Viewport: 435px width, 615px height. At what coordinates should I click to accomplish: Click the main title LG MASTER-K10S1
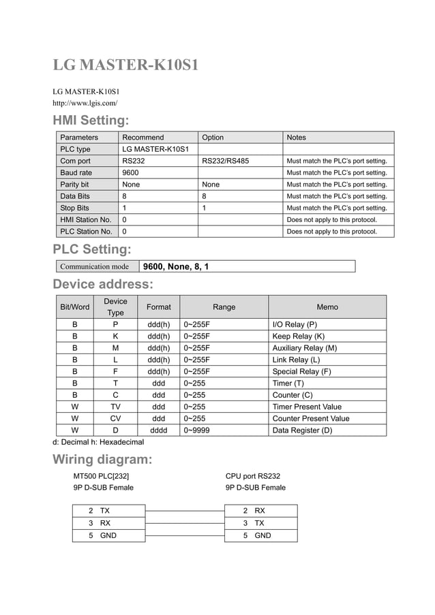tap(126, 65)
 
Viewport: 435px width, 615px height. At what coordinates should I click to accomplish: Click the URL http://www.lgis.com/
tap(85, 103)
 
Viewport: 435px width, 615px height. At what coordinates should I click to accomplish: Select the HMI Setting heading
tap(91, 121)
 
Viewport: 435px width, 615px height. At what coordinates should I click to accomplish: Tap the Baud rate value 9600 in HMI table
tap(131, 172)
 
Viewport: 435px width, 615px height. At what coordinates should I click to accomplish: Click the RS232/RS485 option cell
tap(225, 161)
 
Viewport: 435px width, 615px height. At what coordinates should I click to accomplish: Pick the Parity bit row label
tap(74, 184)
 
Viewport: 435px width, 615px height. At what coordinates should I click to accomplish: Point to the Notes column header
tap(297, 137)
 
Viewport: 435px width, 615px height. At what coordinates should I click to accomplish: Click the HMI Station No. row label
tap(85, 219)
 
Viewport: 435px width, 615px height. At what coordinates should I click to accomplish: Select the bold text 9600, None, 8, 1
tap(176, 266)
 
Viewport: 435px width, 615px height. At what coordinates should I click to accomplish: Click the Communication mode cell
tap(94, 266)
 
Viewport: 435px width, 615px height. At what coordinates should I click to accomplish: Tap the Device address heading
tap(103, 284)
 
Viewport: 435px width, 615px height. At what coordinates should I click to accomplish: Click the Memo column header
tap(327, 307)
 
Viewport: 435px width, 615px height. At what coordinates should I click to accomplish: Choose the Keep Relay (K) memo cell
tap(298, 336)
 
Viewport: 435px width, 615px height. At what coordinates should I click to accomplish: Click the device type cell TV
tap(115, 407)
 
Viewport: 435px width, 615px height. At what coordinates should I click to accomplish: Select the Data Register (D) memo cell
tap(302, 430)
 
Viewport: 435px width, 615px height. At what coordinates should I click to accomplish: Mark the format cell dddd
tap(158, 430)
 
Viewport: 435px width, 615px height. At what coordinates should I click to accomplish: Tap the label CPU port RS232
tap(252, 476)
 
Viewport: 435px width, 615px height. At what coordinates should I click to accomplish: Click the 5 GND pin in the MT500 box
tap(103, 535)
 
